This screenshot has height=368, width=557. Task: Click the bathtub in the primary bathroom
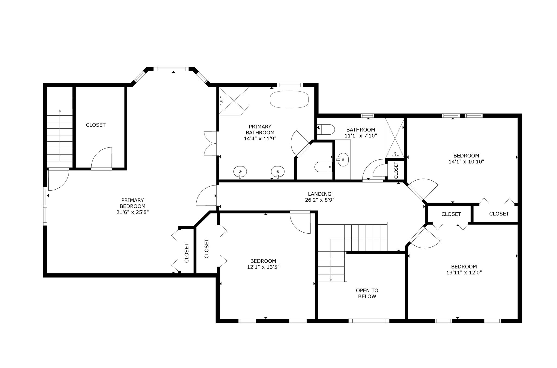[289, 100]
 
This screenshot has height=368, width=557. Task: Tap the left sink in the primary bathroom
[240, 172]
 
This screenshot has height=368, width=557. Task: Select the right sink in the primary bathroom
[278, 172]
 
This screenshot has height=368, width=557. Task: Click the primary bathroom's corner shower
[234, 101]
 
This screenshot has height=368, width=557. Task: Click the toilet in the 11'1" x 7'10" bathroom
[326, 129]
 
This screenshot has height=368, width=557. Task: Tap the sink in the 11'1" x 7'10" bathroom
[343, 160]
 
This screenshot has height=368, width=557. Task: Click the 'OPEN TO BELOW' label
[367, 293]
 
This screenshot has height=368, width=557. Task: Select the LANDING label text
[320, 194]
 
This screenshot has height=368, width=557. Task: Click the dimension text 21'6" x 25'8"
[132, 212]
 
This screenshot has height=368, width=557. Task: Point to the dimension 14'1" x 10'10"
[466, 162]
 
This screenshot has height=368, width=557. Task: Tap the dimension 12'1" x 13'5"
[263, 267]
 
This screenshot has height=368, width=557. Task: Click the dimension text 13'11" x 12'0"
[464, 273]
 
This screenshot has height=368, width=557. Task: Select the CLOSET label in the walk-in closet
[96, 125]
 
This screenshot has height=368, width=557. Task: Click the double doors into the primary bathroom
[211, 143]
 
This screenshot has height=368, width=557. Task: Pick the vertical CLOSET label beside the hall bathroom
[396, 170]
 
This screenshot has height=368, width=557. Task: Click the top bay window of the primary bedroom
[171, 69]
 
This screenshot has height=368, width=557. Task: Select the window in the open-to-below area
[369, 321]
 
